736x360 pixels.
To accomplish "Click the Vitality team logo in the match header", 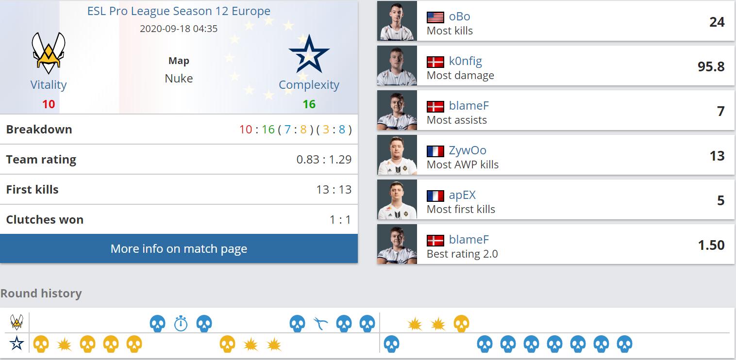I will coord(49,53).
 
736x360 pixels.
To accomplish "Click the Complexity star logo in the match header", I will coord(309,53).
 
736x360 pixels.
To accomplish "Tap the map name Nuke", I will coord(179,79).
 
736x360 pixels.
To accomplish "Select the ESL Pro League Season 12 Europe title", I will coord(179,11).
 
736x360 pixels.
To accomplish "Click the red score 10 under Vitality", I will coord(49,104).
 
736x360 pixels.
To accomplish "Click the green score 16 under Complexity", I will coord(309,104).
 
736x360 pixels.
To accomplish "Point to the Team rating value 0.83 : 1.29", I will coord(324,160).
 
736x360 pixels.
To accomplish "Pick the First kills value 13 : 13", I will coord(334,190).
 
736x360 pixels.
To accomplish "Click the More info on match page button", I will coord(179,249).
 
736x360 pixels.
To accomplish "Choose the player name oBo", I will coord(459,16).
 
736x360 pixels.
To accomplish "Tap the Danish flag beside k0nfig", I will coord(435,62).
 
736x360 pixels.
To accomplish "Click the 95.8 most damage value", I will coord(711,67).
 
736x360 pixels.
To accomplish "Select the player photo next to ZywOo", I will coord(397,155).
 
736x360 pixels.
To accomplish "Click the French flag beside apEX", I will coord(435,196).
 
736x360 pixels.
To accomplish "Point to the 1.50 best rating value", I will coord(711,245).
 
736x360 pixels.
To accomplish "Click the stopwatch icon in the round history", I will coord(181,323).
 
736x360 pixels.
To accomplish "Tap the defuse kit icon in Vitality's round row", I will coord(320,323).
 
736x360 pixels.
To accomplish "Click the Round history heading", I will coord(41,294).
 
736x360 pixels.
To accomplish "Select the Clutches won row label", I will coord(45,220).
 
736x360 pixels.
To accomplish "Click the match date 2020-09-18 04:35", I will coord(179,29).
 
